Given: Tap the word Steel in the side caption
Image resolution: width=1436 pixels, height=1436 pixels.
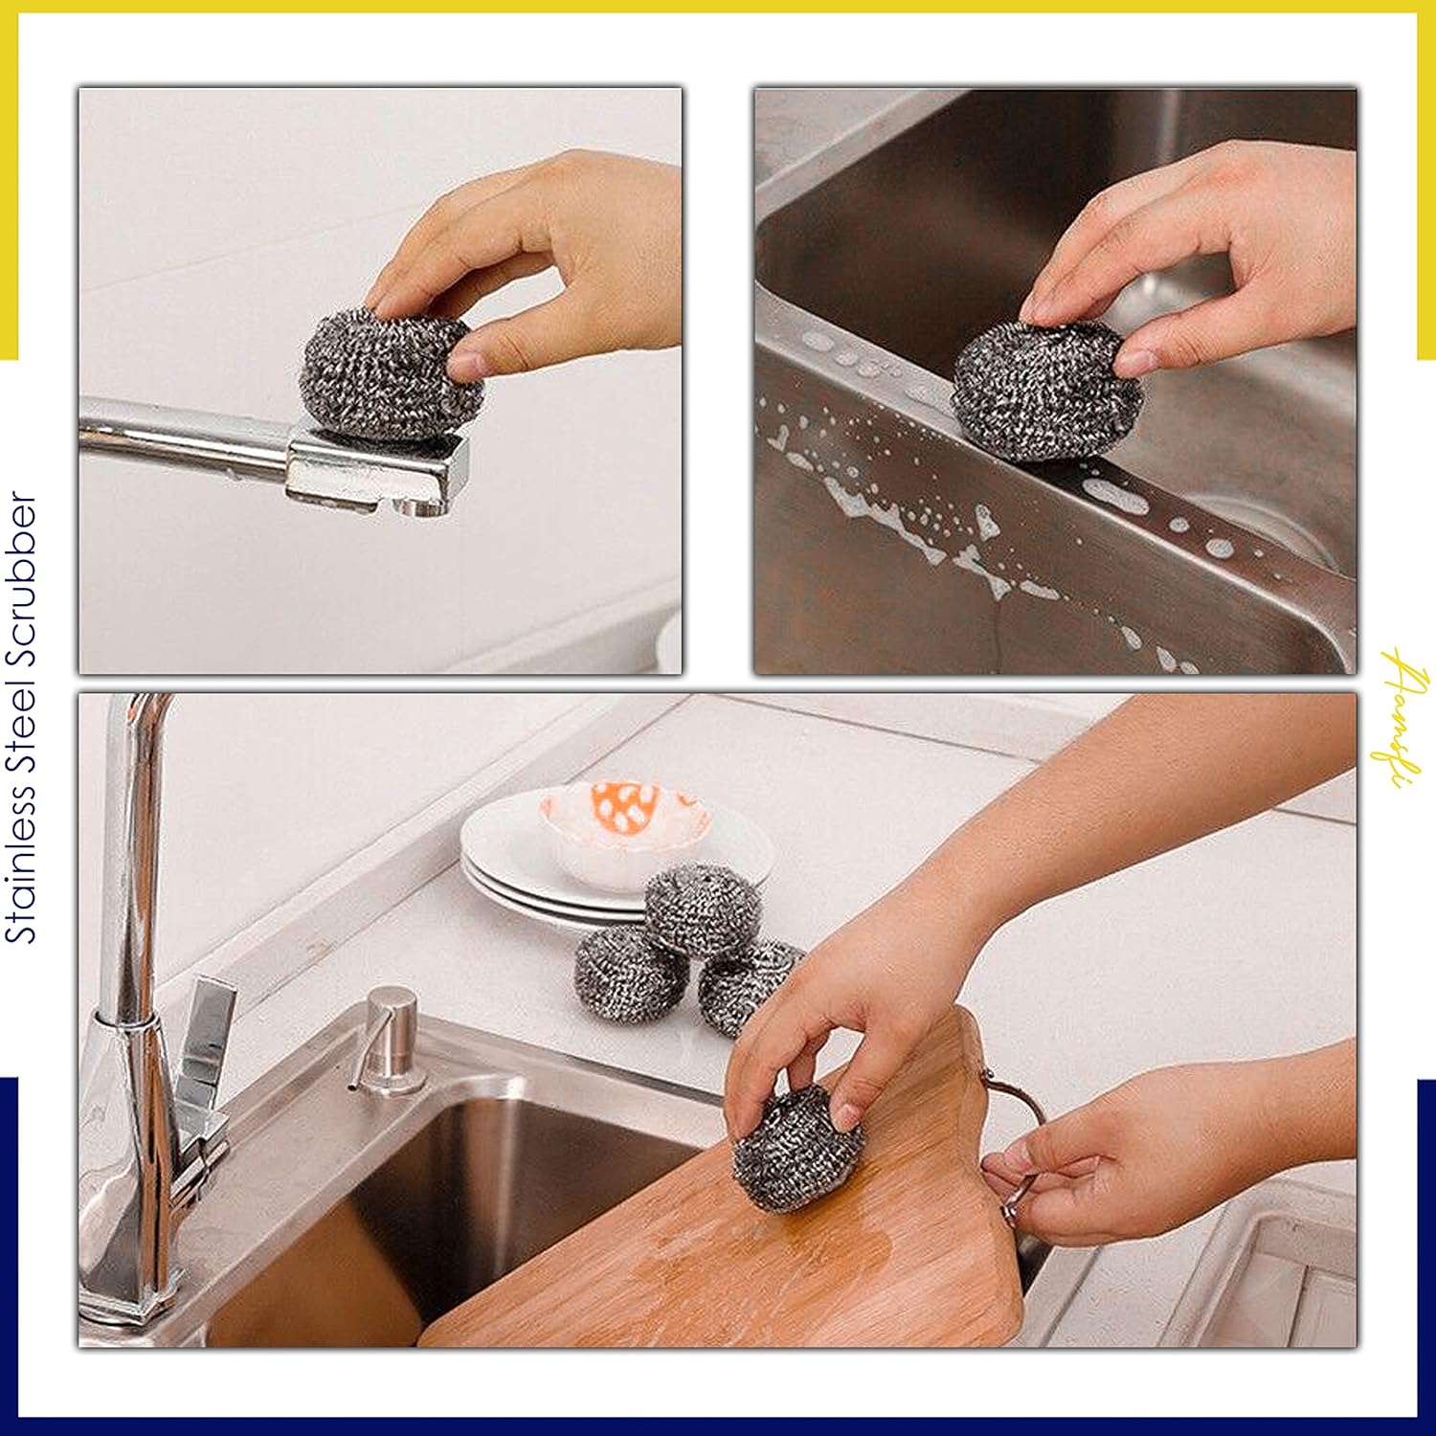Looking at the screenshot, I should point(21,719).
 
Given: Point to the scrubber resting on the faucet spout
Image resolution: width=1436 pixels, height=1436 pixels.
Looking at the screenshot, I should point(388,373).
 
